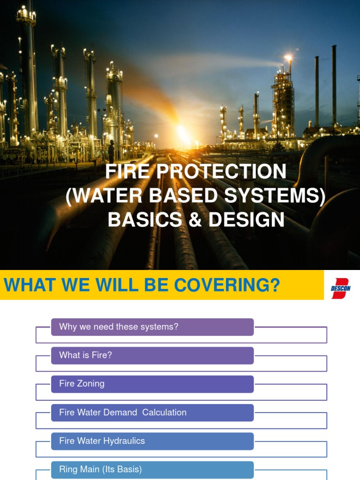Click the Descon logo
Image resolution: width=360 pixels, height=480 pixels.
coord(341,285)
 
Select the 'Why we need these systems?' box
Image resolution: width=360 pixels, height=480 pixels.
coord(152,327)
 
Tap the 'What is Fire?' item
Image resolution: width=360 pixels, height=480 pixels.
coord(152,355)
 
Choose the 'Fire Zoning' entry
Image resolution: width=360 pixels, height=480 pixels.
coord(152,384)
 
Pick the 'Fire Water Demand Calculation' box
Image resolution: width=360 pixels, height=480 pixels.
coord(152,412)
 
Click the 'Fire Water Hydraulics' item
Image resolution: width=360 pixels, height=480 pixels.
coord(152,441)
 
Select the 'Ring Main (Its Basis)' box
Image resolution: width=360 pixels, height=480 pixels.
coord(152,469)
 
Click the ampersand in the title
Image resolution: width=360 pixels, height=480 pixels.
coord(196,220)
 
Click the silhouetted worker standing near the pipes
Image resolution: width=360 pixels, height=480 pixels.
coord(111,151)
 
